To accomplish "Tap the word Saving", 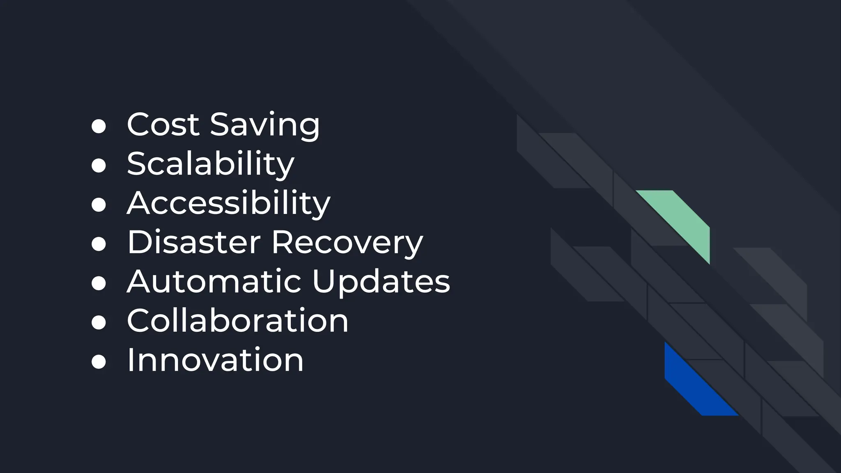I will coord(264,125).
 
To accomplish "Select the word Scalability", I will coord(210,164).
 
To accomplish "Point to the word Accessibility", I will coord(228,203).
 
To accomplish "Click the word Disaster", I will coord(194,242).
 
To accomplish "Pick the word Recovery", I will coord(347,243).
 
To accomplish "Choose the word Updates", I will coord(381,282).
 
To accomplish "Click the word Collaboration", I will coord(237,321).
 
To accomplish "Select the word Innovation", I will coord(215,360).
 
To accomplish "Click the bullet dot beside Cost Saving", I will coord(99,126).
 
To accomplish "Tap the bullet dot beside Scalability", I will coord(99,165).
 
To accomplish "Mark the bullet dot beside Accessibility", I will coord(99,204).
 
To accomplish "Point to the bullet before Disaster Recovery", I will coord(99,244).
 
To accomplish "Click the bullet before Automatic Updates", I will coord(99,283).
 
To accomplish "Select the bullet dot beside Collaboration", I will coord(99,322).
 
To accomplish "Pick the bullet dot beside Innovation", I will coord(99,362).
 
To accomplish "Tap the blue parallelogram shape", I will coord(694,384).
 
